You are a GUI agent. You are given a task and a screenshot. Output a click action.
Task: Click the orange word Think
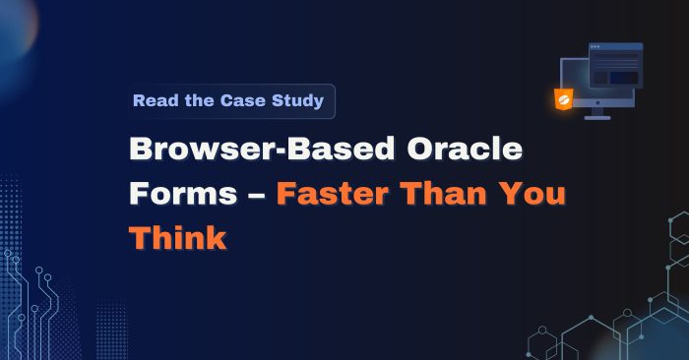pos(177,236)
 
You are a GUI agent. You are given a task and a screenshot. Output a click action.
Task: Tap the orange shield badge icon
pos(564,98)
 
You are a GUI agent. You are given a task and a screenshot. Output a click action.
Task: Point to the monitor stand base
pos(596,118)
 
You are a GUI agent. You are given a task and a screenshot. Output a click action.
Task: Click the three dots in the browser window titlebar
pos(595,47)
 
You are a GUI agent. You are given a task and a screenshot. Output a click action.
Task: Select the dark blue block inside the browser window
pos(623,77)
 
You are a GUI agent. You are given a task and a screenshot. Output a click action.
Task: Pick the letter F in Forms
pos(140,193)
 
